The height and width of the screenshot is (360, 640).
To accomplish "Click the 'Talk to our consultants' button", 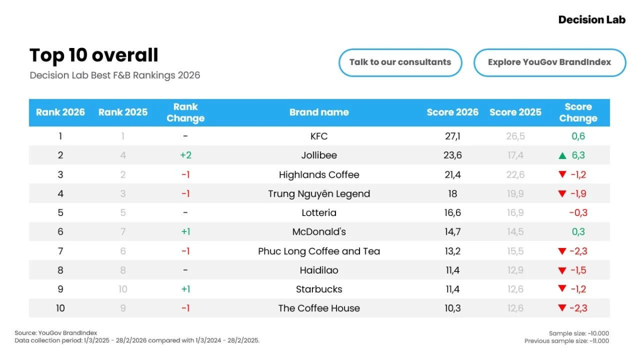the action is tap(401, 62).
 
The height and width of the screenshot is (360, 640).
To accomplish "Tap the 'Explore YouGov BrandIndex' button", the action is tap(550, 62).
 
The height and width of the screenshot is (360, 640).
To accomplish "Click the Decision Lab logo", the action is tap(591, 20).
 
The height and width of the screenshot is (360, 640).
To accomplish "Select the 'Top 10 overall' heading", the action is tap(94, 55).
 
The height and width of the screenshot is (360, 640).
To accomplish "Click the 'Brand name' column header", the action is tap(319, 113).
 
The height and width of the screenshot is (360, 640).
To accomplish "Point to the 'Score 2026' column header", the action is tap(452, 113).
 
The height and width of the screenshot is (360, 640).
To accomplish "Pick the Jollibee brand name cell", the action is tap(319, 155).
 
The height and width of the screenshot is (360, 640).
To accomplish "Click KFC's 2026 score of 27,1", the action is tap(453, 137).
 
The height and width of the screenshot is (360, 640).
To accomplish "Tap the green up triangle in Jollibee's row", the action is tap(562, 156).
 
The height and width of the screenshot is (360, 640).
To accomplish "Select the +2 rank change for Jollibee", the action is tap(186, 155).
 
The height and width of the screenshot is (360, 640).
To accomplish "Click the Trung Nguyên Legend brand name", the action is tap(319, 194).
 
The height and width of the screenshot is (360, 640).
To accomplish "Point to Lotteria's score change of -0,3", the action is tap(578, 213).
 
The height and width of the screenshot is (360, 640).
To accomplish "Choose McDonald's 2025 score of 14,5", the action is tap(515, 231).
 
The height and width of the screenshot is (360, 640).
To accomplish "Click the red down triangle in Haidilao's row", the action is tap(562, 270).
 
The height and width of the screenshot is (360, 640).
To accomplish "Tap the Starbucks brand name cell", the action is tap(319, 289).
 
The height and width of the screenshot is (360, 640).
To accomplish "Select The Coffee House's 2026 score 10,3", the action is tap(453, 308).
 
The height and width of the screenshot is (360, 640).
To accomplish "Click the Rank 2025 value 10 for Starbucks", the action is tap(123, 289).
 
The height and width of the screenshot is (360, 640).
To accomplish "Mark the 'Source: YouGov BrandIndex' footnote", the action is tap(55, 333).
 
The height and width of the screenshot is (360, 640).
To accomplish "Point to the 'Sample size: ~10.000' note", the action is tap(579, 333).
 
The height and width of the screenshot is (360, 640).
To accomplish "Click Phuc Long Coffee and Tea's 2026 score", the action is tap(453, 251).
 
